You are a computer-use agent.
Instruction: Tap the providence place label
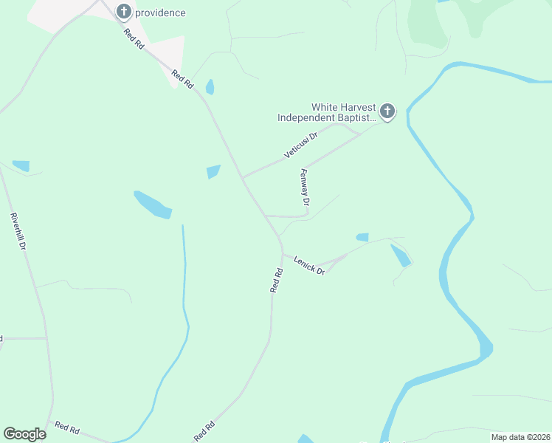(160, 13)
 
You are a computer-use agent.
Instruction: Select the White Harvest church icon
(387, 112)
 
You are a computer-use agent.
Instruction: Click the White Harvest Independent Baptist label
(326, 112)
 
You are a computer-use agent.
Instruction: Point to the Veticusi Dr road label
(300, 145)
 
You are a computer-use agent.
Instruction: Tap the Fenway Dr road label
(305, 187)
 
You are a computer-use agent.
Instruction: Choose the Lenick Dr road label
(309, 265)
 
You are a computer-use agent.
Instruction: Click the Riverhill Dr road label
(18, 231)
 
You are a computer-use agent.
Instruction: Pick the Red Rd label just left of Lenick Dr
(277, 281)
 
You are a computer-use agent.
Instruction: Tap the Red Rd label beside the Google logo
(66, 427)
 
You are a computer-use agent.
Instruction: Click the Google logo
(24, 434)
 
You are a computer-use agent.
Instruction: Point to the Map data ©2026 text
(520, 436)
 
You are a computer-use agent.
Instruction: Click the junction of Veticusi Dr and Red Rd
(243, 177)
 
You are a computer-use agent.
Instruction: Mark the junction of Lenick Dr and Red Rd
(283, 255)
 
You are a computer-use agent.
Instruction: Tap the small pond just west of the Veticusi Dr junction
(213, 172)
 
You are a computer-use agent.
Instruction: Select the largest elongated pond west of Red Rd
(153, 205)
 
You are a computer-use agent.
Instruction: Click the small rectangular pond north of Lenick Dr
(362, 237)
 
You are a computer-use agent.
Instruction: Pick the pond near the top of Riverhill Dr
(21, 166)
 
